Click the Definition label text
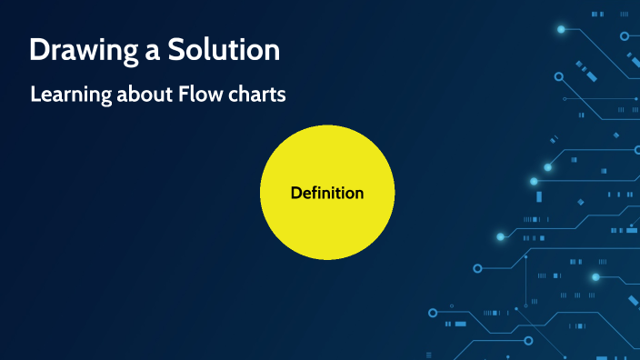[327, 193]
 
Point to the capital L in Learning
[35, 94]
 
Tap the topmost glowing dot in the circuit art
[561, 29]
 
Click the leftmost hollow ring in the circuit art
[432, 311]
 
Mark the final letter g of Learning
[106, 97]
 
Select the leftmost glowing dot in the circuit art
[500, 236]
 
